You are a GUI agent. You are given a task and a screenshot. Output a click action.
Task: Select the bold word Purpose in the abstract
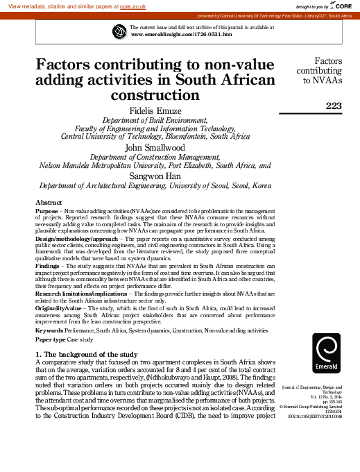point(46,210)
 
